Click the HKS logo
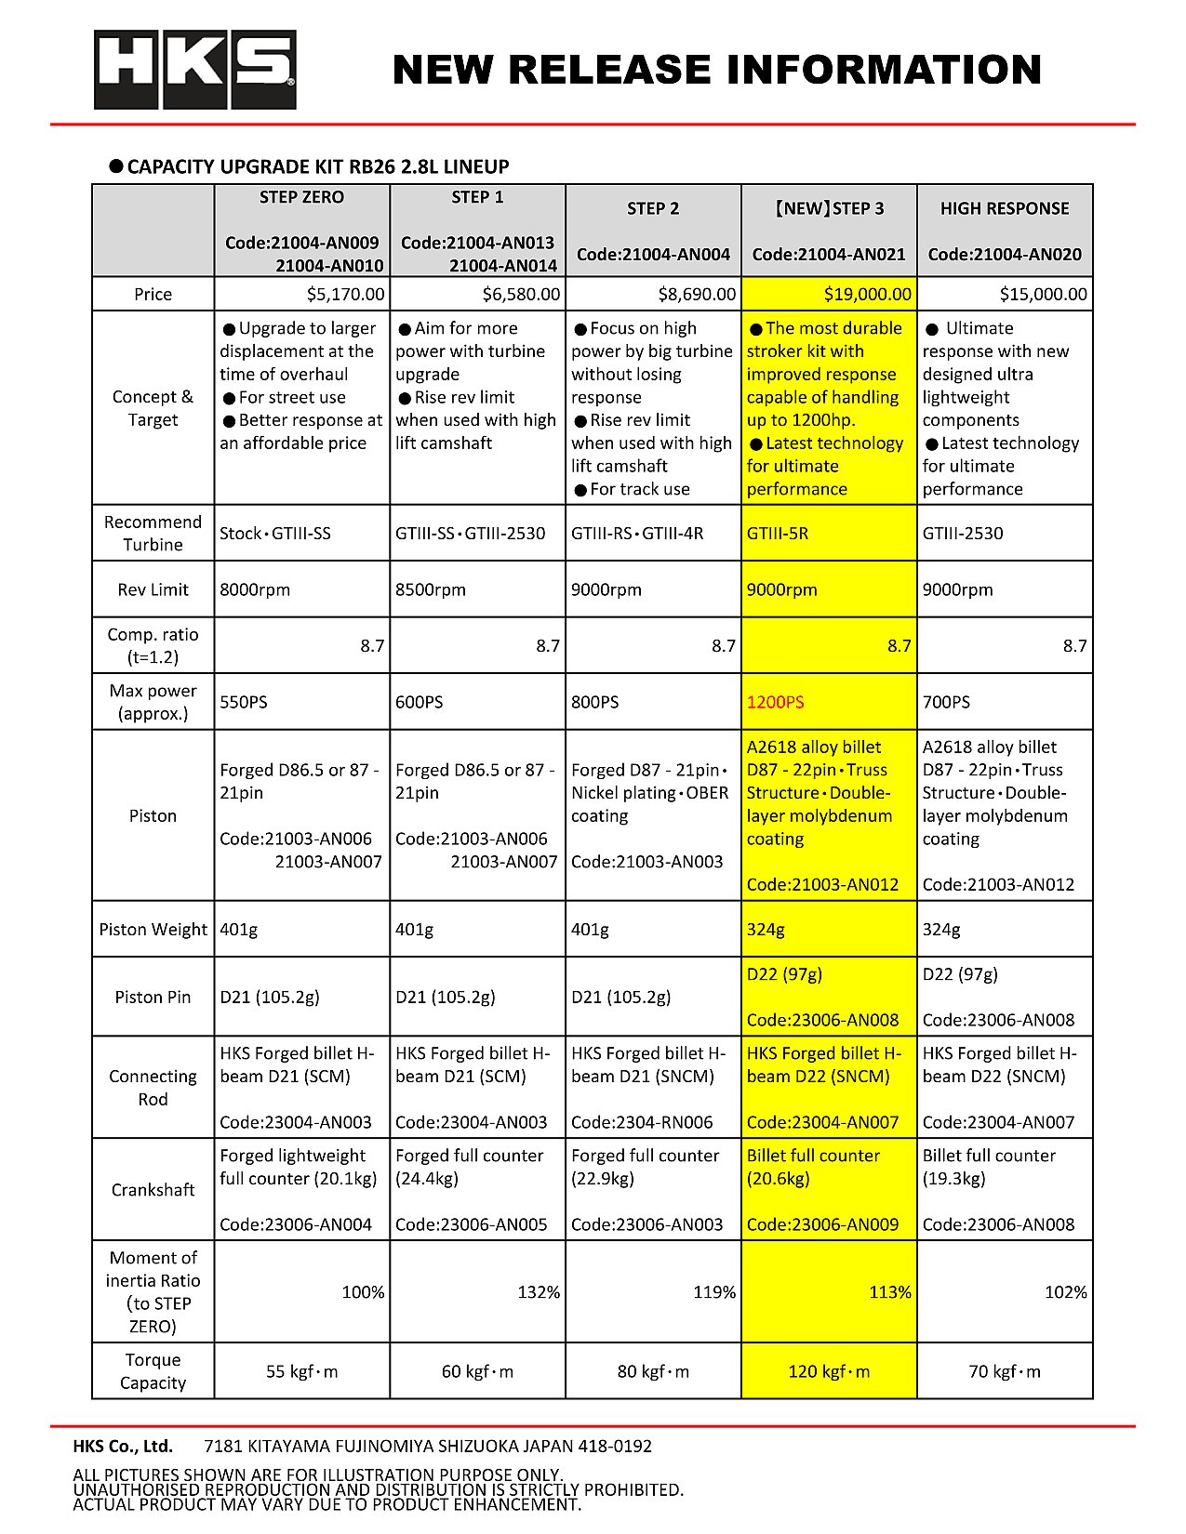tap(194, 70)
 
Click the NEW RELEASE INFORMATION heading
tap(716, 71)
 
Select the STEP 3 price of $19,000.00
tap(867, 295)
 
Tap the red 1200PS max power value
tap(776, 702)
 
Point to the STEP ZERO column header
tap(301, 198)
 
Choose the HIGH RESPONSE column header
tap(1005, 209)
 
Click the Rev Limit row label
tap(153, 589)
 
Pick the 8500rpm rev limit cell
tap(431, 589)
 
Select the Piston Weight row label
tap(153, 930)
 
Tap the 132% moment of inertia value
tap(539, 1292)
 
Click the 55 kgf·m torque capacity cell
tap(301, 1371)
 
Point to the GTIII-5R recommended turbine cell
tap(778, 534)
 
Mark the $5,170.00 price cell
tap(345, 295)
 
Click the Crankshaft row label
tap(153, 1190)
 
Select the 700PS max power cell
tap(946, 702)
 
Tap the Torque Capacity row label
tap(153, 1371)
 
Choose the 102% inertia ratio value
tap(1065, 1292)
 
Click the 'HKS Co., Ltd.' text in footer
tap(123, 1447)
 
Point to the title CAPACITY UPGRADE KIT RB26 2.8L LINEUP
tap(318, 167)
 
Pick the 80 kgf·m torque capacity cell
tap(653, 1371)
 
